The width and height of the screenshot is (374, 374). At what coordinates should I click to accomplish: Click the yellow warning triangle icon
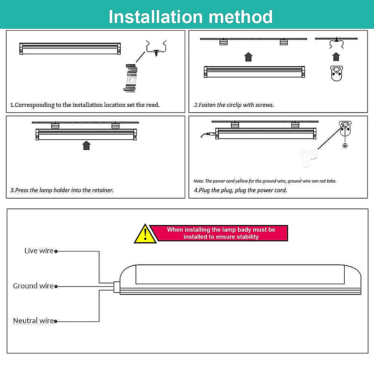tap(145, 234)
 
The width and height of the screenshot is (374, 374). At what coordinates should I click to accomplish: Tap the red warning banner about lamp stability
tap(221, 233)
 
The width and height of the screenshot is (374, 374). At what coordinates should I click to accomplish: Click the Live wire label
tap(39, 251)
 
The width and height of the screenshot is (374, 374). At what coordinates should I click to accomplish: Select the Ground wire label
tap(33, 286)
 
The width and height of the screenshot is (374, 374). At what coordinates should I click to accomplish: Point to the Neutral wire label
tap(33, 321)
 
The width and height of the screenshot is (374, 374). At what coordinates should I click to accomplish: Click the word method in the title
tap(241, 17)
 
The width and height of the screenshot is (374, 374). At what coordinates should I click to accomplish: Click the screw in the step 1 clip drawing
tap(156, 53)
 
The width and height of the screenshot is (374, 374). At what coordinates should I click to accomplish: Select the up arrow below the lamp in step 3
tap(86, 146)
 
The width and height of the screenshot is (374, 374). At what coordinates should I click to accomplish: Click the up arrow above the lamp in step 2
tap(248, 57)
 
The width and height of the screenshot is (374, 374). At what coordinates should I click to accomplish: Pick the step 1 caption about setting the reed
tap(85, 105)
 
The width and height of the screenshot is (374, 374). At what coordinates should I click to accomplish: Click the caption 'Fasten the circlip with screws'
tap(234, 105)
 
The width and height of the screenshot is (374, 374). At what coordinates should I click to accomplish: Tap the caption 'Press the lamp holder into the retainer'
tap(62, 190)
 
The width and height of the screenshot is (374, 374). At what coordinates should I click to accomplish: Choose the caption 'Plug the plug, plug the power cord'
tap(240, 190)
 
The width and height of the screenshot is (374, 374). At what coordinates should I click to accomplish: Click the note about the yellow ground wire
tap(265, 181)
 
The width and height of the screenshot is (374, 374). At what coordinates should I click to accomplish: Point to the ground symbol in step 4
tap(345, 146)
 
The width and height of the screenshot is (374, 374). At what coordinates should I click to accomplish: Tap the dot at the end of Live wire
tap(56, 251)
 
